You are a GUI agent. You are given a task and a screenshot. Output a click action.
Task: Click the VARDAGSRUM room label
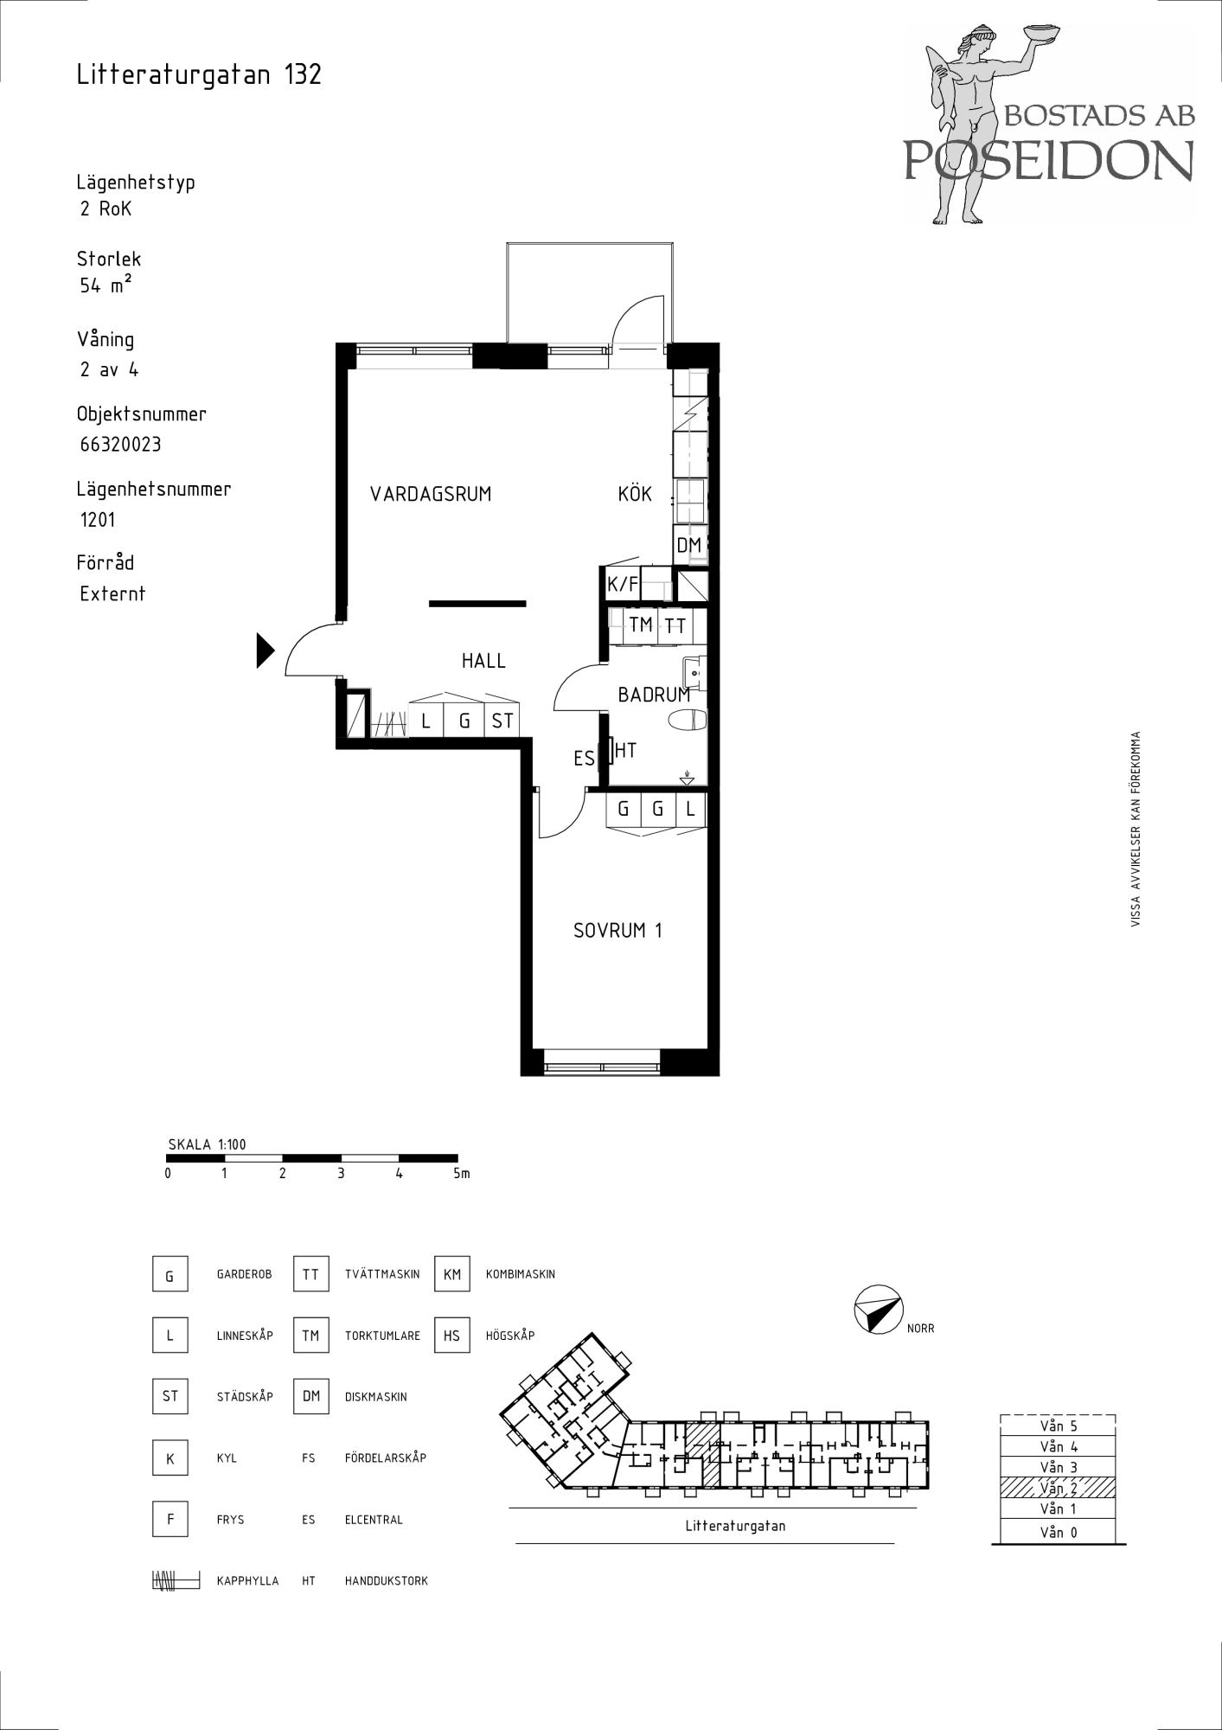click(431, 495)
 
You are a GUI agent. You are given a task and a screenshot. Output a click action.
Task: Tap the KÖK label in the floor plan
click(635, 494)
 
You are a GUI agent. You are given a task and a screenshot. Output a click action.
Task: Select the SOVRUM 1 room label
click(617, 931)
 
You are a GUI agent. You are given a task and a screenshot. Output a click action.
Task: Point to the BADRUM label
click(654, 695)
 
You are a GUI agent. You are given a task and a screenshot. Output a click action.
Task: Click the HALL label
click(483, 661)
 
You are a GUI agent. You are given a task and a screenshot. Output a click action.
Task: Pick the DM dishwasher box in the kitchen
click(689, 545)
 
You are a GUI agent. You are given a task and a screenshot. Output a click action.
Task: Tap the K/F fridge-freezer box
click(623, 585)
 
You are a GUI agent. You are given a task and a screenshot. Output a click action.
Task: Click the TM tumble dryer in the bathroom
click(641, 625)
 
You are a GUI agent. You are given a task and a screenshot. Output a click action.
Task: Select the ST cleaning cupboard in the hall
click(502, 720)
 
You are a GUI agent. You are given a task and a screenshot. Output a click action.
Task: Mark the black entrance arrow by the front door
click(266, 650)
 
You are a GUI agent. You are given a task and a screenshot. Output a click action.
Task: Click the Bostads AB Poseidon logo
click(1050, 124)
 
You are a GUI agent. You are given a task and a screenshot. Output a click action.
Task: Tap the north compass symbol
click(878, 1310)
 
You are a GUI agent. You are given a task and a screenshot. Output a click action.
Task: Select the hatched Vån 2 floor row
click(1058, 1488)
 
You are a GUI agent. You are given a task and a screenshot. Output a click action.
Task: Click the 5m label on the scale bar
click(461, 1174)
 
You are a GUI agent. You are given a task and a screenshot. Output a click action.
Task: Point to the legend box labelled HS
click(452, 1336)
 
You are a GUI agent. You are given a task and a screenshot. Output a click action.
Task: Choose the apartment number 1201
click(97, 520)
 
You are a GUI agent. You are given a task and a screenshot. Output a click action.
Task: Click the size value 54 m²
click(106, 285)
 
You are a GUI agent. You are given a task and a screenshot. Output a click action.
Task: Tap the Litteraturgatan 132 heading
click(199, 74)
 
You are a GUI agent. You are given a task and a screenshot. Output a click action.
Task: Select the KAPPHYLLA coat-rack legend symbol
click(176, 1580)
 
